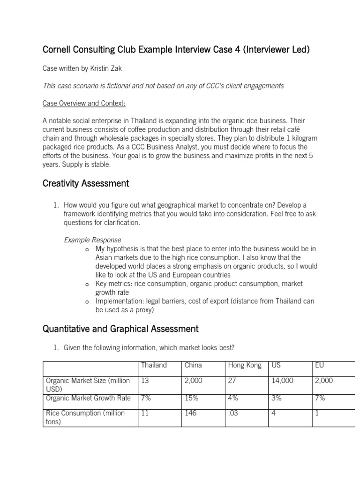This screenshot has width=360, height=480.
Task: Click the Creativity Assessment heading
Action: click(x=85, y=183)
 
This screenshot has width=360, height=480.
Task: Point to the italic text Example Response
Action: click(x=92, y=240)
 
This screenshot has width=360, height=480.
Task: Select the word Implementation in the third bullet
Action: click(x=118, y=301)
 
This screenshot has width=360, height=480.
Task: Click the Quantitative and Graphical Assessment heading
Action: click(x=120, y=329)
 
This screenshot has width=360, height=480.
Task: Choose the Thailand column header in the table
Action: click(x=154, y=365)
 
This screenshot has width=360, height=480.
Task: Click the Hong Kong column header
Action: click(x=244, y=365)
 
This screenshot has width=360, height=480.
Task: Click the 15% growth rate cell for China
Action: click(x=192, y=398)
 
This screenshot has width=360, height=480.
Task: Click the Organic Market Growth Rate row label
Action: click(x=88, y=398)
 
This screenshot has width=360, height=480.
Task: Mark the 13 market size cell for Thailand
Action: click(x=145, y=381)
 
